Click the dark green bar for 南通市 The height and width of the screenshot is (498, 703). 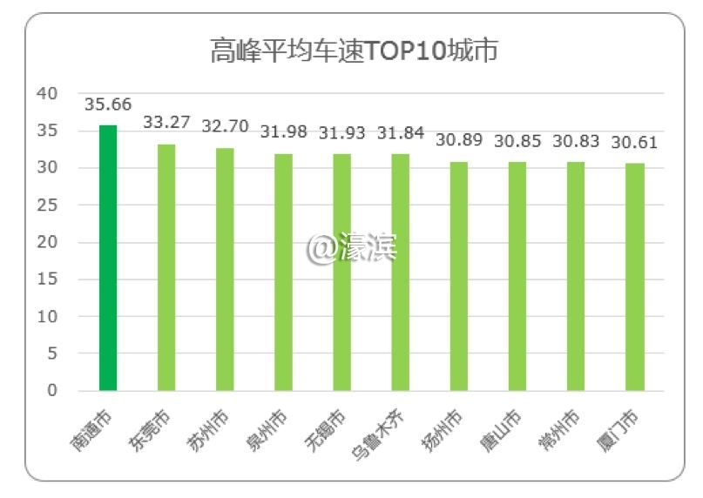coord(108,258)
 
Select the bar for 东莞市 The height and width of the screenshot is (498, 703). coord(166,267)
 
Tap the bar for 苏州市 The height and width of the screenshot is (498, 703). coord(225,269)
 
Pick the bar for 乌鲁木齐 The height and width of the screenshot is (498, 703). coord(401,272)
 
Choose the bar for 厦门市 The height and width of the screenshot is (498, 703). coord(635,276)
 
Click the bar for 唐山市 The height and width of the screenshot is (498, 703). coord(517,276)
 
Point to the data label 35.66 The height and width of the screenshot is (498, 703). coord(108,104)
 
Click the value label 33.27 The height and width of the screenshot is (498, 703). coord(166,123)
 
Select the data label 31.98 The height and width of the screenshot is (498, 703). coord(284,132)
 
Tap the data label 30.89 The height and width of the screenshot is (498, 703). coord(459,140)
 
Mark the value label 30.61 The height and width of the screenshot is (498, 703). coord(635,142)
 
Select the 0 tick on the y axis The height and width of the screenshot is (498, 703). coord(52,391)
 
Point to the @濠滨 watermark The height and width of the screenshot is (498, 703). coord(352,249)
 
